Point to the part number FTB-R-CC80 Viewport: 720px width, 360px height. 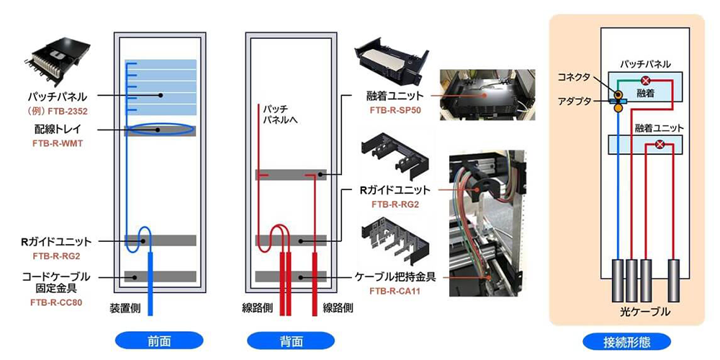click(x=58, y=302)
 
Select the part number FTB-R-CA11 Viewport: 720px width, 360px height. click(x=395, y=291)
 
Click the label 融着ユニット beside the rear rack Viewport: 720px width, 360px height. click(x=395, y=96)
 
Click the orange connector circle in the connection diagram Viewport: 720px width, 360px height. click(x=617, y=94)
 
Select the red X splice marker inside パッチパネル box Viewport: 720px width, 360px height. click(x=646, y=80)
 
